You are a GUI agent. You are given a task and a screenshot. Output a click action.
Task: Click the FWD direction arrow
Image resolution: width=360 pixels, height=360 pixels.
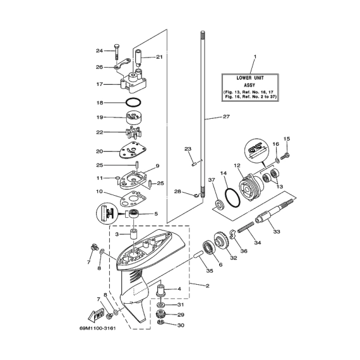(96, 316)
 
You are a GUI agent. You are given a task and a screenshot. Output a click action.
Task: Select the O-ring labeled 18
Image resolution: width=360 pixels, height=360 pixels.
(133, 99)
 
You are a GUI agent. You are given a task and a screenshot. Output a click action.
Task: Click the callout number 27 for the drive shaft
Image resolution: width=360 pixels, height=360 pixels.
(226, 117)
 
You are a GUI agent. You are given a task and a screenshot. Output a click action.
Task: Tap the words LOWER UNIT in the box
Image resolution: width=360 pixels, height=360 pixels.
(250, 78)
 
